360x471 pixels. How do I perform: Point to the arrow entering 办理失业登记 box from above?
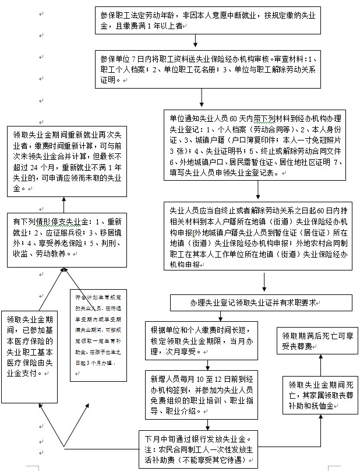264,282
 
